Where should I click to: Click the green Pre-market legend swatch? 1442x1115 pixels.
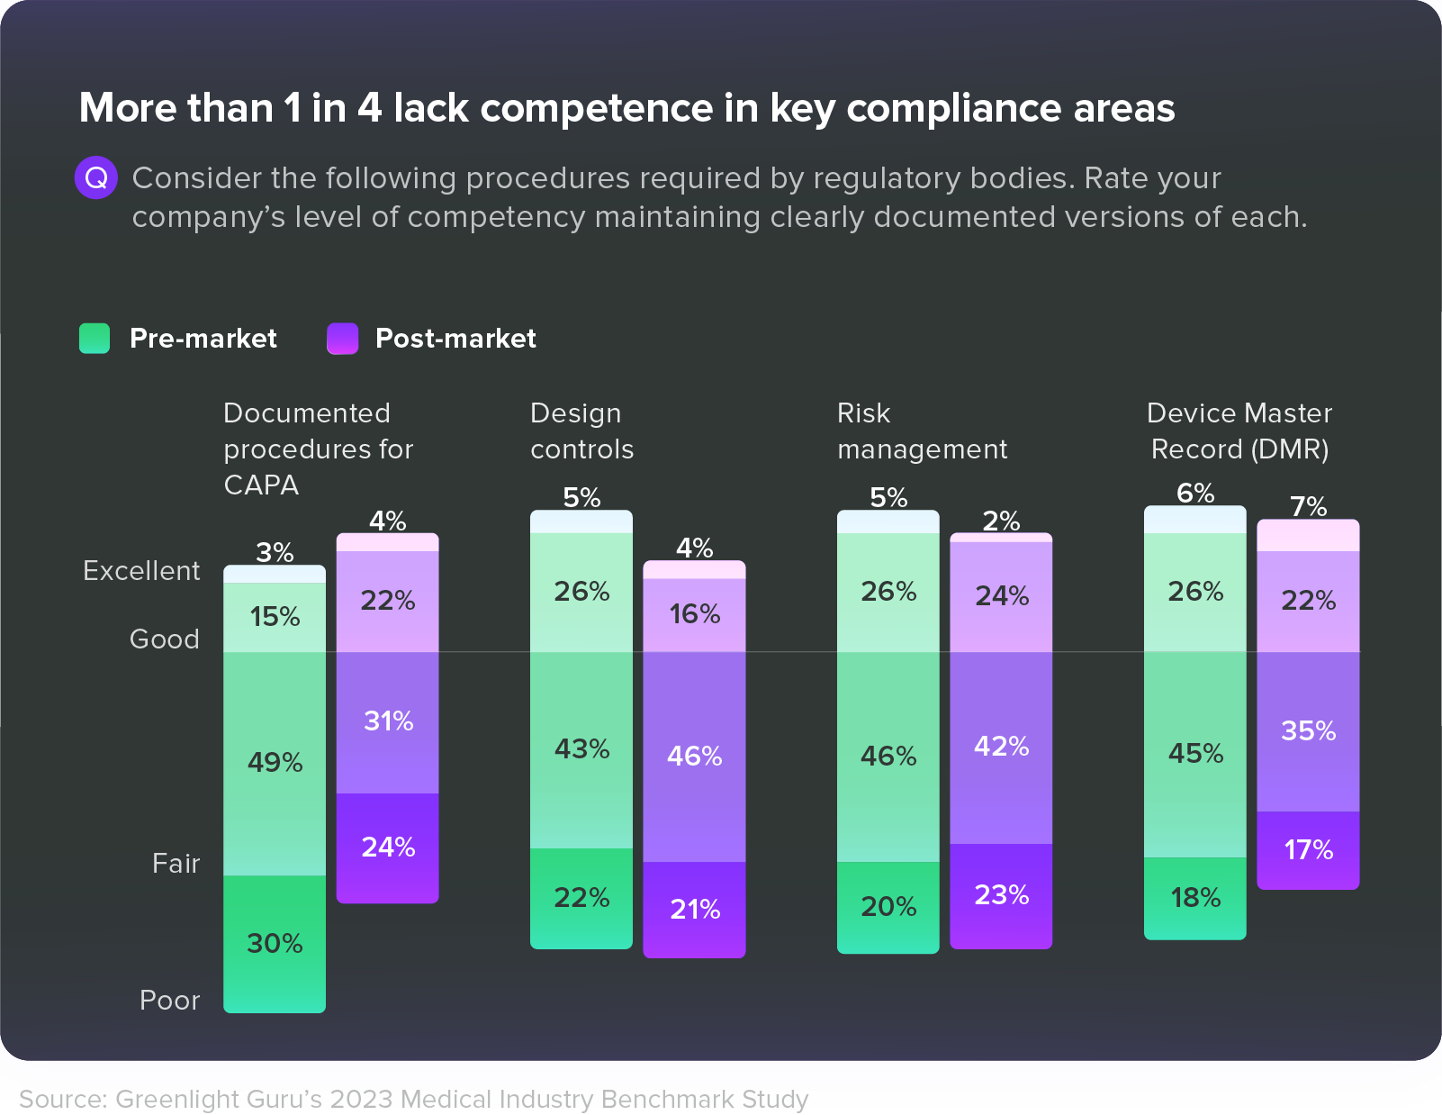(x=95, y=339)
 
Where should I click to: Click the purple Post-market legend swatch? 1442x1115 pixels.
(x=342, y=339)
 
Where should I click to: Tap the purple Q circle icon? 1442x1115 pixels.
(x=95, y=178)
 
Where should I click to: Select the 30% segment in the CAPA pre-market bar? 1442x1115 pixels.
(x=275, y=943)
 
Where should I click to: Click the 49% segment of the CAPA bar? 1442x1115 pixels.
(x=275, y=763)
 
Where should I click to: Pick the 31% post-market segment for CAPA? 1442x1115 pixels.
(x=388, y=721)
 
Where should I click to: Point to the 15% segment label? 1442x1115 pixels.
(x=275, y=617)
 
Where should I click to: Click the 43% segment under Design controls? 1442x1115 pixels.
(x=581, y=749)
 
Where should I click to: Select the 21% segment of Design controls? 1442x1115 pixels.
(x=694, y=909)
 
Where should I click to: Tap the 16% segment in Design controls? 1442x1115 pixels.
(x=694, y=614)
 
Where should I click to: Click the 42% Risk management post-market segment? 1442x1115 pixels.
(x=1001, y=747)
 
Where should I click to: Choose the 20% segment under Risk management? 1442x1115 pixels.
(x=888, y=906)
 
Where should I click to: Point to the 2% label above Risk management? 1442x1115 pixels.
(x=1001, y=521)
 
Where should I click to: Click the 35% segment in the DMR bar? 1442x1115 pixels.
(x=1308, y=730)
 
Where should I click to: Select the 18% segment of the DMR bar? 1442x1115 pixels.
(x=1195, y=898)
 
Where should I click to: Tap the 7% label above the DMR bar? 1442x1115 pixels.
(x=1308, y=506)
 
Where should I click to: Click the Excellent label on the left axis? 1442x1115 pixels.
(x=141, y=571)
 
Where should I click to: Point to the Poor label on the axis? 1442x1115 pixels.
(x=169, y=1001)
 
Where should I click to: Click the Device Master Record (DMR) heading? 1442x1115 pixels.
(x=1239, y=431)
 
